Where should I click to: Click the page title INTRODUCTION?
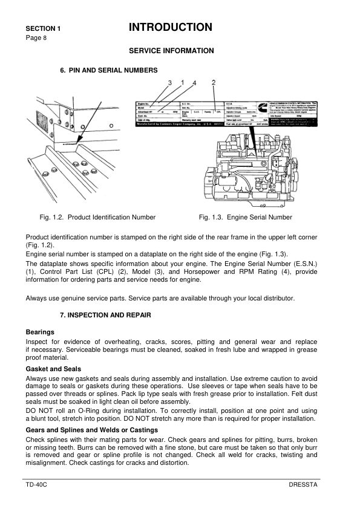171,27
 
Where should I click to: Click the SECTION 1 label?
43,28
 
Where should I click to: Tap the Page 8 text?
36,37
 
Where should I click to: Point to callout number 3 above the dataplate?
170,82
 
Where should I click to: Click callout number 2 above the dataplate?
214,82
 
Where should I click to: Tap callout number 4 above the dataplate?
194,82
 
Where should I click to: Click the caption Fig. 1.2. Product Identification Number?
97,217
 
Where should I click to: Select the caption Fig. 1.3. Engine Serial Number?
245,217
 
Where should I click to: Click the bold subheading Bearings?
40,332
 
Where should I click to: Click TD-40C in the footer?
36,485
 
